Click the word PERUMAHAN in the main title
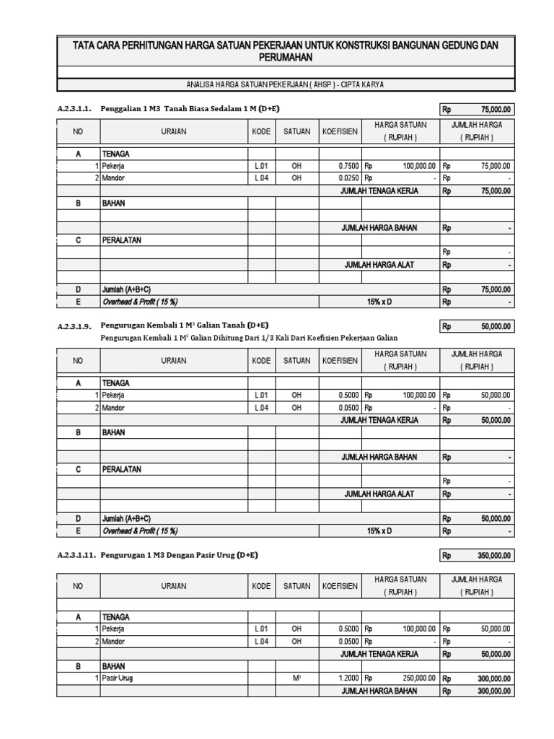point(285,57)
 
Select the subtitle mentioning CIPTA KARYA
point(285,84)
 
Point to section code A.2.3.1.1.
point(74,109)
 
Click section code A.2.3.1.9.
point(74,325)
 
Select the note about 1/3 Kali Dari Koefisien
point(249,338)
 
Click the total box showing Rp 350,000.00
point(477,555)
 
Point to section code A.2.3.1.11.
point(76,555)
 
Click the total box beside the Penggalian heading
point(477,109)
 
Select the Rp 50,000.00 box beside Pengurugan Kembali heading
point(477,326)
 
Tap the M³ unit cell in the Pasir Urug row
point(296,678)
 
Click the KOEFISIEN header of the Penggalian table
point(340,131)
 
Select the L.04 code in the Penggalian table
point(261,178)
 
